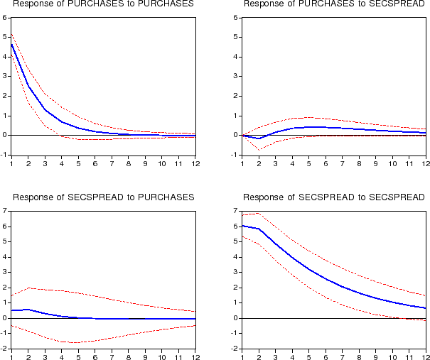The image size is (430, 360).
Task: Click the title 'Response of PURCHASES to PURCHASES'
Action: [104, 4]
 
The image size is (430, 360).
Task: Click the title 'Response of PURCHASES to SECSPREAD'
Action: [335, 4]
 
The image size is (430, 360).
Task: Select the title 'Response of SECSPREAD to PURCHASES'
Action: [104, 197]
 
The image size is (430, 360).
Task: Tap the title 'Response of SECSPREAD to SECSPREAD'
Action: [335, 197]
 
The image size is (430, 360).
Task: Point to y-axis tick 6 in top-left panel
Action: [5, 17]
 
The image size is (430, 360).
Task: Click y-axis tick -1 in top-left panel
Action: [4, 155]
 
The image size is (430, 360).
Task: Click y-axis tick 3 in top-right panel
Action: [235, 76]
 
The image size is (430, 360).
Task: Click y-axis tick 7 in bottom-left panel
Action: [5, 211]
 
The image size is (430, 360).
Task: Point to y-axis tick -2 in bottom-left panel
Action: [4, 349]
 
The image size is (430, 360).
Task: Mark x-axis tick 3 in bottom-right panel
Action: [276, 357]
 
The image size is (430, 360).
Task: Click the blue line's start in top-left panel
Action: [12, 44]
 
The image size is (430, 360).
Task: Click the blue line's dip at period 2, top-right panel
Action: [259, 138]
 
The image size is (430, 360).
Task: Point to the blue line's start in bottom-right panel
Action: [243, 226]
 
